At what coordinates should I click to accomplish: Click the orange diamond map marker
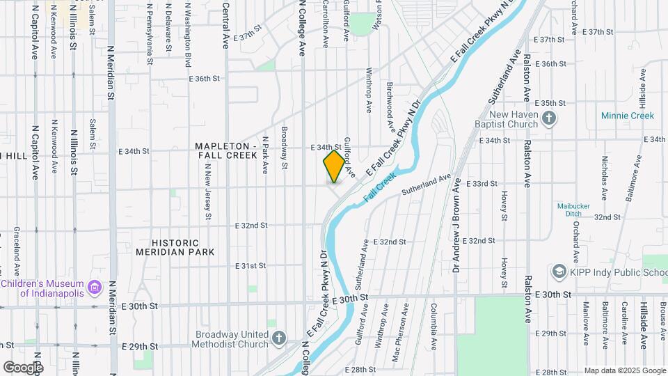pos(334,166)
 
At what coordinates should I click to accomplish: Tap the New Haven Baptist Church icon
pos(550,118)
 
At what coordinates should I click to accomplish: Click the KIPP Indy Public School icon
pos(558,271)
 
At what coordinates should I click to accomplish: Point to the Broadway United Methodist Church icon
pos(279,338)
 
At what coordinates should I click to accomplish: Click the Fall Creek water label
pos(379,187)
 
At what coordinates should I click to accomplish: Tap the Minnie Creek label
pos(628,116)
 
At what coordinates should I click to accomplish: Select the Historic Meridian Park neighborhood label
pos(175,246)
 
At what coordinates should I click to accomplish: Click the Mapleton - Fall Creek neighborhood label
pos(226,150)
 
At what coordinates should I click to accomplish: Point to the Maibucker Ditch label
pos(573,210)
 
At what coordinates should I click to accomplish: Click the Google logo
pos(22,367)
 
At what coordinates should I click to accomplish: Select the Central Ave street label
pos(225,24)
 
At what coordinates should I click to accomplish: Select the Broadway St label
pos(284,148)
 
